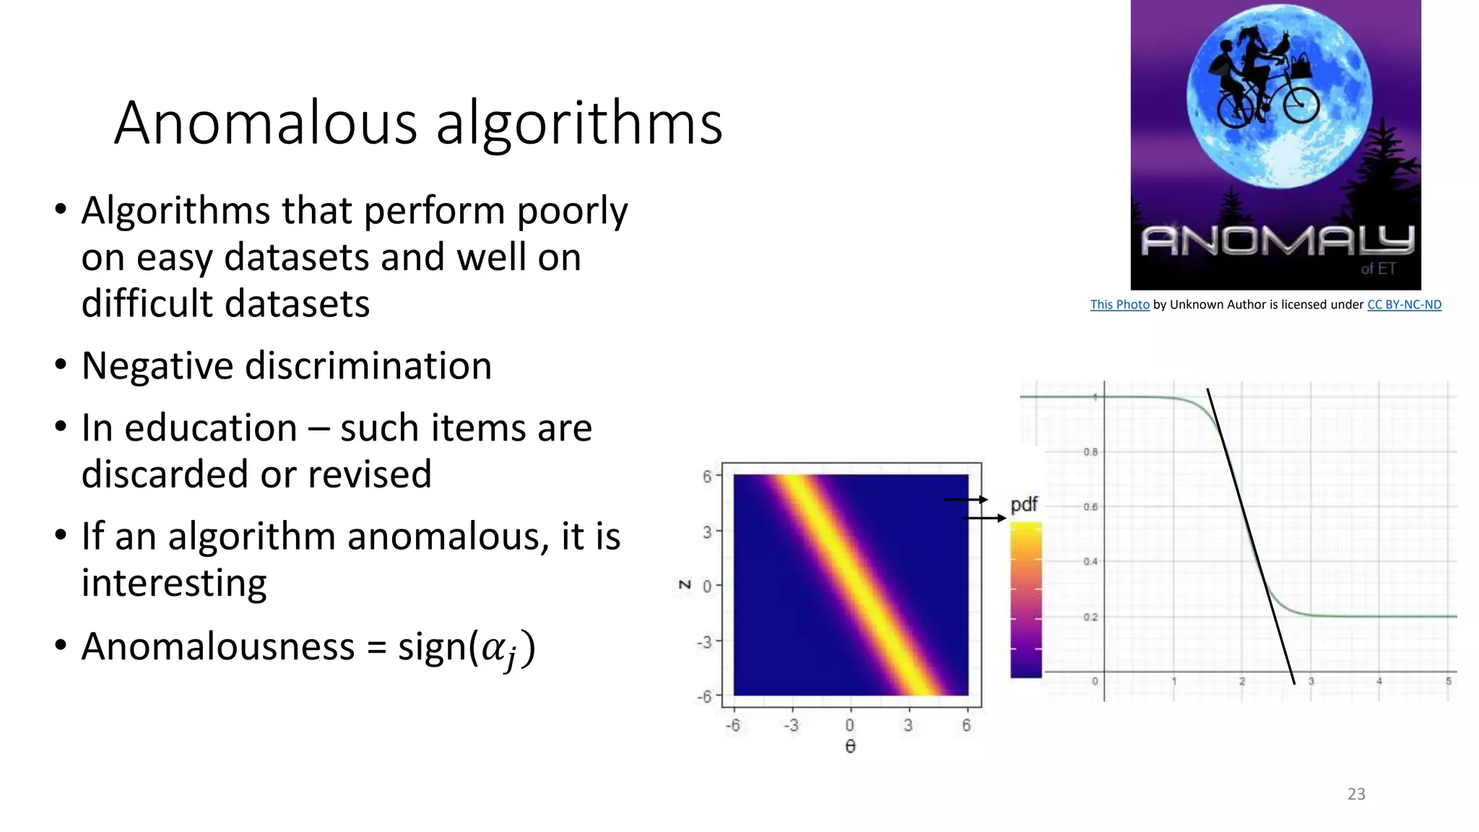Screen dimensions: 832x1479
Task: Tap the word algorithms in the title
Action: [579, 125]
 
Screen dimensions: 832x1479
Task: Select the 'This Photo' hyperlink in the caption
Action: [1119, 305]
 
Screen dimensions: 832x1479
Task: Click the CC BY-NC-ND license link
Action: [1404, 305]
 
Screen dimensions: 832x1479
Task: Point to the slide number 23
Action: [1356, 794]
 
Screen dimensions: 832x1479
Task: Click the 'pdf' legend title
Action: [1024, 504]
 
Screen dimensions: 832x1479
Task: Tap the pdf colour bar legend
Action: [1025, 599]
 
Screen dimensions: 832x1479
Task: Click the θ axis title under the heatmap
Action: [850, 747]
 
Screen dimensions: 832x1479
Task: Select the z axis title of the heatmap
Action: [685, 584]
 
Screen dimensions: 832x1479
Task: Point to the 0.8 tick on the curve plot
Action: [1090, 452]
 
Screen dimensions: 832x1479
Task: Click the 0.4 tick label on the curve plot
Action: [1090, 562]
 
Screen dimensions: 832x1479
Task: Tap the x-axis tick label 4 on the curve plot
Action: [1379, 681]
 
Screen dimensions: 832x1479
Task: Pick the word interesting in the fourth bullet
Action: [174, 583]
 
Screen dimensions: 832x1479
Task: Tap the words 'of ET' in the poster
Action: [1378, 269]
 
